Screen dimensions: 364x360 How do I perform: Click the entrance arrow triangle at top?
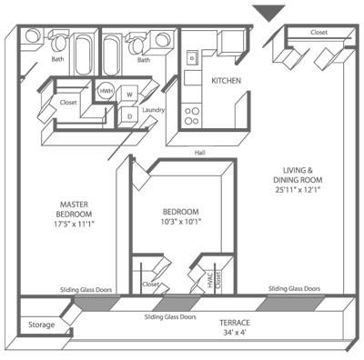tap(268, 13)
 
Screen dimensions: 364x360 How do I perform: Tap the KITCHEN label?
tap(226, 81)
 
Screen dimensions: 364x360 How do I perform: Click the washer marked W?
tap(129, 95)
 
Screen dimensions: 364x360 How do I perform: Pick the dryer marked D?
tap(129, 116)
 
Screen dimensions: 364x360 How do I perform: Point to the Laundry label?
tap(153, 110)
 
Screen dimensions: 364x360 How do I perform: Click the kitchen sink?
tap(192, 57)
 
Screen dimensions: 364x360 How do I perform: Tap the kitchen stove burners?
tap(192, 116)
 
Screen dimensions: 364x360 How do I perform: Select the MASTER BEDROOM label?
tap(74, 209)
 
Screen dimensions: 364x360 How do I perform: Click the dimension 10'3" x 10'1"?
tap(181, 222)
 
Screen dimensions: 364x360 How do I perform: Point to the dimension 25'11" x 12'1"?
tap(298, 190)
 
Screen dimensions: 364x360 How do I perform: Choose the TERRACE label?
tap(235, 323)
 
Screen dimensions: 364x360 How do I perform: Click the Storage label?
tap(42, 325)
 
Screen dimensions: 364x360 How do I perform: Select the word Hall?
tap(199, 153)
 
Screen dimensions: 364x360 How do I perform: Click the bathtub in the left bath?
tap(83, 55)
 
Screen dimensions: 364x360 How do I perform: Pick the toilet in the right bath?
tap(136, 43)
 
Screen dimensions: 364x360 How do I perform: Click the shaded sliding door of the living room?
tap(290, 303)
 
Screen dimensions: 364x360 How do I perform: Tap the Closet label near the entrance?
tap(318, 33)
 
